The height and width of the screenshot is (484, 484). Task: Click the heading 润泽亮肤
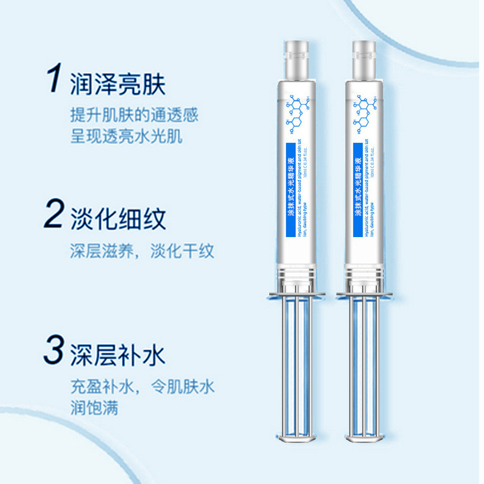(118, 83)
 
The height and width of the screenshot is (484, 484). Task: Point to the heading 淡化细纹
(118, 218)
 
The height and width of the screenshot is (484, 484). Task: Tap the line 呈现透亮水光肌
(126, 136)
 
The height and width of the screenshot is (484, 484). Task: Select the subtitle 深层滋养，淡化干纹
(142, 251)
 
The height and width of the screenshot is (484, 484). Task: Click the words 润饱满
(94, 407)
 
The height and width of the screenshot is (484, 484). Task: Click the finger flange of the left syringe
(296, 295)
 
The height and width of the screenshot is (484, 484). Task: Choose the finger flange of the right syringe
(364, 295)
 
